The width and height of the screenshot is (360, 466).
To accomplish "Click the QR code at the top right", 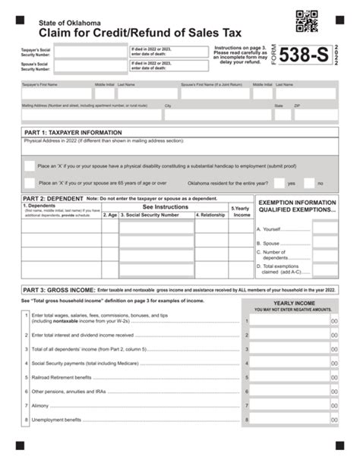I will [307, 22].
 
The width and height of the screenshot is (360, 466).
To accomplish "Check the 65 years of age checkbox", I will [29, 182].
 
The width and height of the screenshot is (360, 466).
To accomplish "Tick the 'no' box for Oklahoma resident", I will [308, 182].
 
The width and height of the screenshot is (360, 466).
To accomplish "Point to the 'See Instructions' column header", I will [165, 206].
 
